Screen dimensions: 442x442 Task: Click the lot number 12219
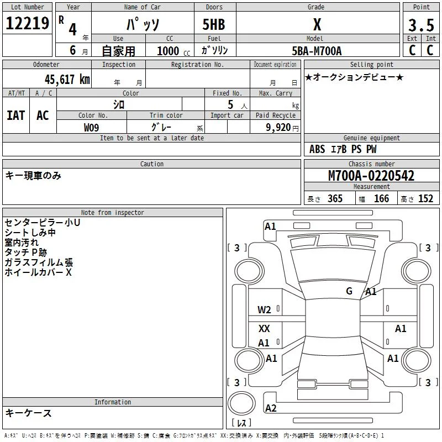point(27,23)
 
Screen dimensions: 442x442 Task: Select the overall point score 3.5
point(421,25)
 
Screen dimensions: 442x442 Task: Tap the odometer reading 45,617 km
point(67,80)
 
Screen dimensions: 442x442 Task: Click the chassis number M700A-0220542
point(371,176)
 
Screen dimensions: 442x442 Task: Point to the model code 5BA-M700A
point(317,51)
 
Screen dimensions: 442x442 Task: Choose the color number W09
point(91,128)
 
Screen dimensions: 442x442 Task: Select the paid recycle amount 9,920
point(278,127)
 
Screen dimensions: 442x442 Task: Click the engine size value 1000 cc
point(173,51)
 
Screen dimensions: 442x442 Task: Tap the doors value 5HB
point(214,24)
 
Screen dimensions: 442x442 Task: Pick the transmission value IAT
point(16,115)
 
